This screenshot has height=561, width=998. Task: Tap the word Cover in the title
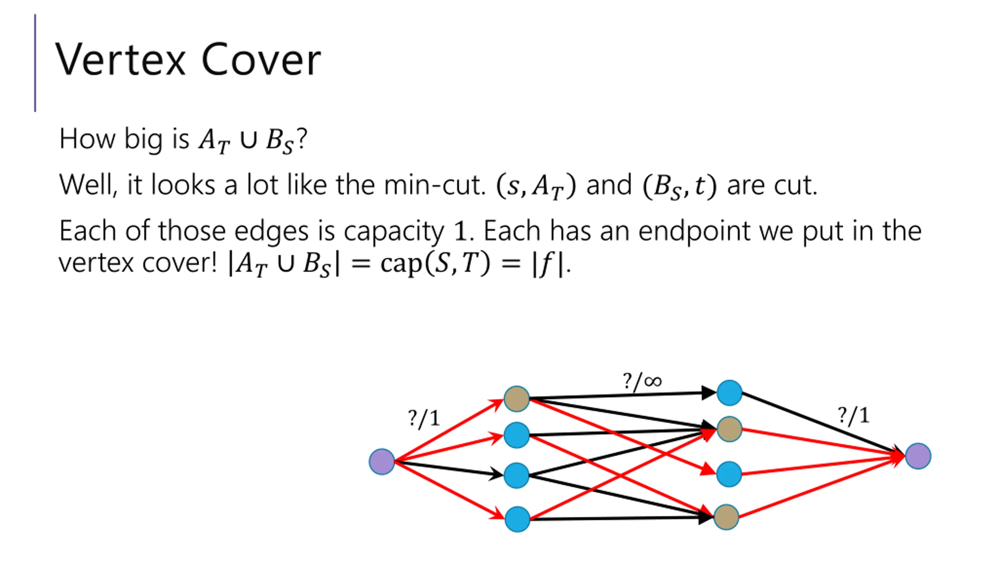pyautogui.click(x=261, y=60)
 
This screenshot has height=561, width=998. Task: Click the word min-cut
pyautogui.click(x=434, y=185)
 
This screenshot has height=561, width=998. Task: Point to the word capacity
pyautogui.click(x=394, y=231)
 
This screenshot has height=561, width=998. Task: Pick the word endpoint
pyautogui.click(x=694, y=231)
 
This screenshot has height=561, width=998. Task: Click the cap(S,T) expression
pyautogui.click(x=435, y=263)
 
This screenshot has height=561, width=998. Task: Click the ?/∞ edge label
pyautogui.click(x=642, y=381)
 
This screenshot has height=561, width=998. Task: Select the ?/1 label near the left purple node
pyautogui.click(x=424, y=418)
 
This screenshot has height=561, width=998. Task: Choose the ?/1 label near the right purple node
pyautogui.click(x=854, y=415)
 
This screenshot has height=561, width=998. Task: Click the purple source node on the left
pyautogui.click(x=382, y=462)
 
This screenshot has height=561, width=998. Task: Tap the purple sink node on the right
pyautogui.click(x=918, y=456)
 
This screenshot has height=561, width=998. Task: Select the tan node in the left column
pyautogui.click(x=517, y=399)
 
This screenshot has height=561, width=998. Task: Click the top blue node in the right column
pyautogui.click(x=729, y=393)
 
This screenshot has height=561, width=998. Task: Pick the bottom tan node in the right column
pyautogui.click(x=726, y=517)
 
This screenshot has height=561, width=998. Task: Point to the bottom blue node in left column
pyautogui.click(x=517, y=519)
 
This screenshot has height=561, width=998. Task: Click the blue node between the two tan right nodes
pyautogui.click(x=729, y=474)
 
